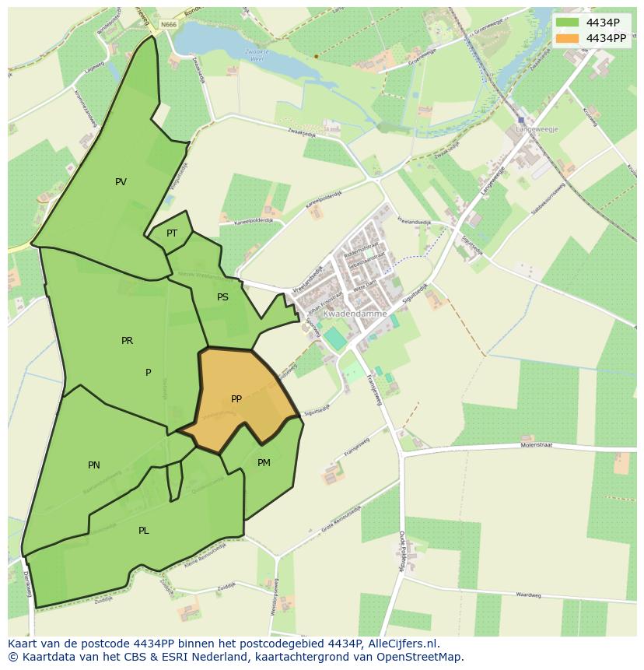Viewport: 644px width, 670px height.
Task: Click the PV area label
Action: pos(121,182)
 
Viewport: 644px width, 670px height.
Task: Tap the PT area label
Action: pos(172,233)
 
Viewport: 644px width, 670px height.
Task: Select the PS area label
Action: pos(222,297)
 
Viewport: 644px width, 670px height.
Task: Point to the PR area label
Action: pos(127,341)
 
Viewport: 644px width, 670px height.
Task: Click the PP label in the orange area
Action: pos(236,399)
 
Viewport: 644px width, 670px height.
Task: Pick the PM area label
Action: pos(264,463)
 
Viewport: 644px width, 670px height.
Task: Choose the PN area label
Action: pos(93,465)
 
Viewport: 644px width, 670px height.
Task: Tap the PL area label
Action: pos(143,531)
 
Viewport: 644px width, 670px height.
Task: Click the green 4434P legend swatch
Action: pos(568,23)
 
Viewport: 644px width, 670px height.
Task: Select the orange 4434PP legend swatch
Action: pos(568,37)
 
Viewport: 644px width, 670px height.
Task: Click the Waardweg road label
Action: pos(527,595)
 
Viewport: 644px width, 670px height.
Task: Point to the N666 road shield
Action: pos(169,25)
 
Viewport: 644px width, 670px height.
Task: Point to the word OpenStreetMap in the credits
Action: pos(418,657)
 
